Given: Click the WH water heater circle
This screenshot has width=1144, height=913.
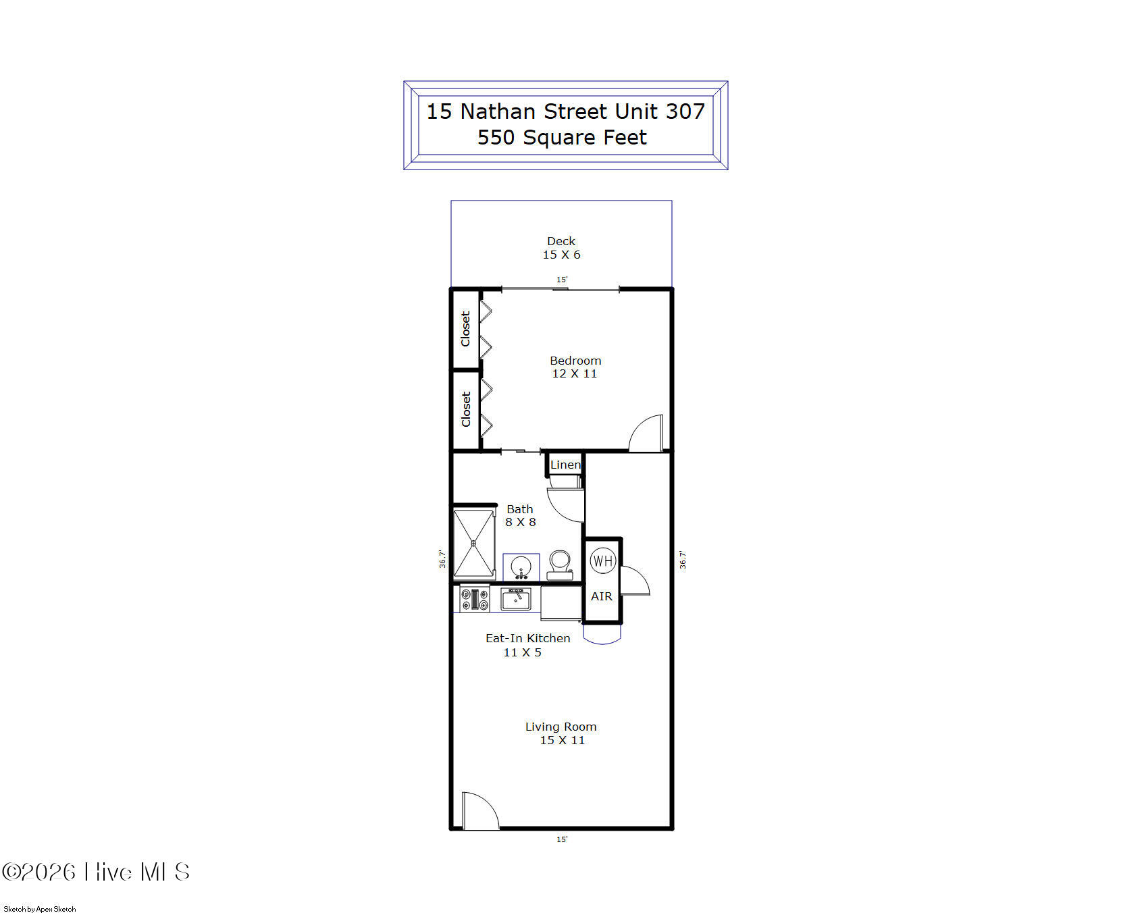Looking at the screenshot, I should [602, 560].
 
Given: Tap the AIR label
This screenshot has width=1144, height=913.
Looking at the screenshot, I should [602, 596].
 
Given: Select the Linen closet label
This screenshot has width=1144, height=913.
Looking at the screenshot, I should [565, 465].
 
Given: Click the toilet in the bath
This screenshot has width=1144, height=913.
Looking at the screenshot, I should [560, 565].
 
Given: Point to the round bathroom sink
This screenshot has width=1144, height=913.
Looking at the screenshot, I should [521, 567].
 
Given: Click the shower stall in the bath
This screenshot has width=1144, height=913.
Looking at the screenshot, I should [474, 544].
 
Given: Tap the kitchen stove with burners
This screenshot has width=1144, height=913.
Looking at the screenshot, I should [475, 599].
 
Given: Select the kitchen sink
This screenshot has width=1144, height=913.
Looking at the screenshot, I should [516, 599].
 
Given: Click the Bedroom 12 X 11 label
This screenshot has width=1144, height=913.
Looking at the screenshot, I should [575, 367].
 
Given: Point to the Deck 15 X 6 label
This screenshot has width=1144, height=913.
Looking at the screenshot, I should [561, 248].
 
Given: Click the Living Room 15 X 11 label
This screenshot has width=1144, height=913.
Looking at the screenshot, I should [561, 733].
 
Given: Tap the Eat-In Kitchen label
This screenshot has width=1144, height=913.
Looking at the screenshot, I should [527, 638].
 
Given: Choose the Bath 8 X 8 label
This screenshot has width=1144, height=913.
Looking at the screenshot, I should [520, 515].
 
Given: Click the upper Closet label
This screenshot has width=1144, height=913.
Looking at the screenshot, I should [465, 329].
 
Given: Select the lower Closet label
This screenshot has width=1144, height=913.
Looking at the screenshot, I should [465, 409].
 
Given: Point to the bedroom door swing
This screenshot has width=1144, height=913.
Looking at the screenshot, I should [647, 434].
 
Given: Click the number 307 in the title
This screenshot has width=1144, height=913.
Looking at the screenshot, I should [685, 111].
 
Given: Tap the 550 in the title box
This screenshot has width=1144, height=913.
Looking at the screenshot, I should [496, 137].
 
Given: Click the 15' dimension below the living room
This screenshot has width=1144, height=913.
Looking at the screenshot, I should [562, 839].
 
